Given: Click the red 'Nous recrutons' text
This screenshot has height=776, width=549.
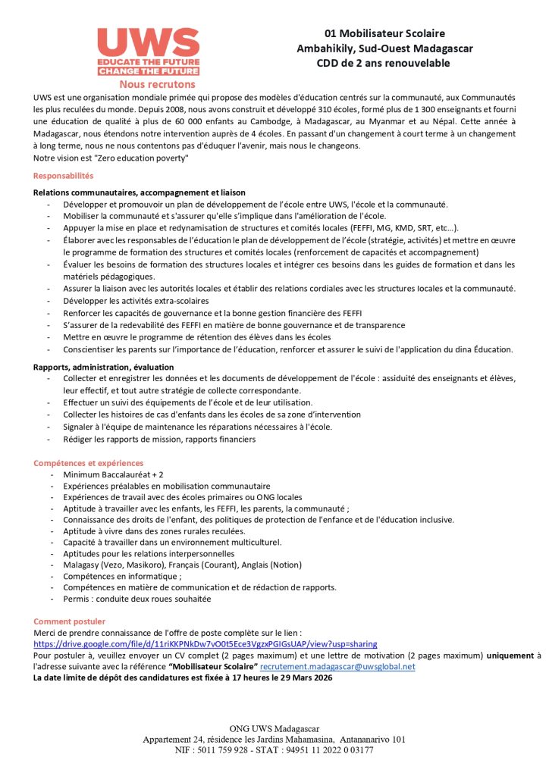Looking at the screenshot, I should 157,84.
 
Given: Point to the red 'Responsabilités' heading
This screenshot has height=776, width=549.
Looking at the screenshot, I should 63,176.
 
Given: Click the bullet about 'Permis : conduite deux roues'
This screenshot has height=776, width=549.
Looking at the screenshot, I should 136,599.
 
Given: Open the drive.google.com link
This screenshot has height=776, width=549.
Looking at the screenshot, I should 205,643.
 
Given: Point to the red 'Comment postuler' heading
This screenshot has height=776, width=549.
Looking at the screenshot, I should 69,621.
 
